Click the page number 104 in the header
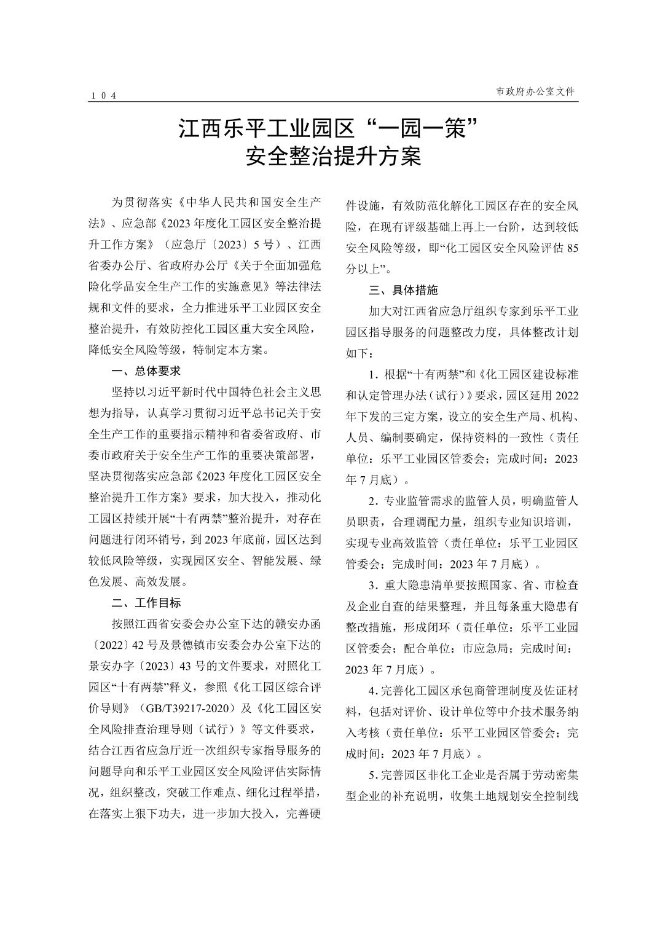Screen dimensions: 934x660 click(x=103, y=95)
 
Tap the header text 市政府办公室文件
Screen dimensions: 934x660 click(x=536, y=91)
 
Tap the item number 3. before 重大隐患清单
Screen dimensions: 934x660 click(x=372, y=584)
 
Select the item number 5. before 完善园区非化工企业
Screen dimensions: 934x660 click(x=372, y=775)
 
